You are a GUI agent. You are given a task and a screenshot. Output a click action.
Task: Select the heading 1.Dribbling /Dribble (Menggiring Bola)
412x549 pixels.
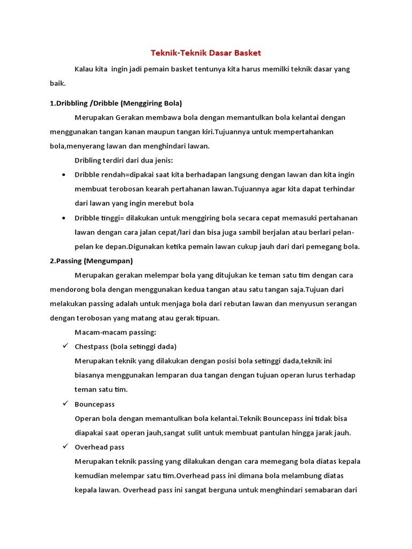(x=116, y=103)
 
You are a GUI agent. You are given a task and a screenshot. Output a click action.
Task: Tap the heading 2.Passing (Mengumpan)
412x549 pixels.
(x=91, y=261)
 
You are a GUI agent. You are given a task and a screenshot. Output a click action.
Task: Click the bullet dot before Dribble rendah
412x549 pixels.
(x=64, y=175)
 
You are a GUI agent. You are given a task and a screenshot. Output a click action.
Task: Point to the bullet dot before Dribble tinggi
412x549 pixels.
(x=64, y=218)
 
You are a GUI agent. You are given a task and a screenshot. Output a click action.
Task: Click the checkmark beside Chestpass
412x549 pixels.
(x=64, y=346)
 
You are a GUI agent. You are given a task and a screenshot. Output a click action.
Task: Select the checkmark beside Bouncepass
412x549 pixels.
(x=64, y=403)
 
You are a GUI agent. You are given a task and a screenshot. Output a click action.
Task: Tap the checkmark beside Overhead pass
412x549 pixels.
(x=64, y=446)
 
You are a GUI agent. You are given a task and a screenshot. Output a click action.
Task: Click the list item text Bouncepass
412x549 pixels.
(x=95, y=404)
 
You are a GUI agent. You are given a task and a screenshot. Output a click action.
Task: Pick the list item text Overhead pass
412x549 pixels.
(x=100, y=447)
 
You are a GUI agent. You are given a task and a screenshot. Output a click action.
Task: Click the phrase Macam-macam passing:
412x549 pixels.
(x=115, y=332)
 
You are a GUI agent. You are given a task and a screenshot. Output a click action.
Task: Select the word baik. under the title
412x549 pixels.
(x=58, y=84)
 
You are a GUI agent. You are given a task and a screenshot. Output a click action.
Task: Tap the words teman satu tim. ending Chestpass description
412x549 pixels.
(x=101, y=389)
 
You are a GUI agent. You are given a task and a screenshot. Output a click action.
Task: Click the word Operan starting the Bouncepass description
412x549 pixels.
(x=88, y=418)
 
